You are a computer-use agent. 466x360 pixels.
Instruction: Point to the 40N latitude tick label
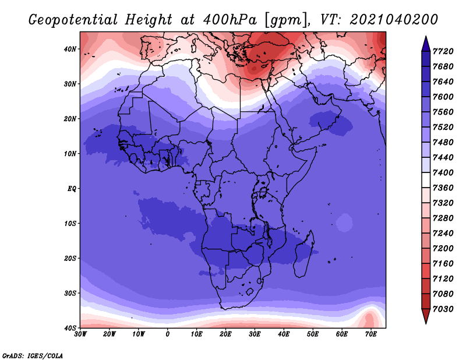tap(70, 49)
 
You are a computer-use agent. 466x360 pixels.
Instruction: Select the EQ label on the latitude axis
tap(71, 189)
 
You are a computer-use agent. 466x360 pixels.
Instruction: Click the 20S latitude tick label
tap(70, 258)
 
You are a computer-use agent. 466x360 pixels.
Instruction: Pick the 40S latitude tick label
tap(70, 328)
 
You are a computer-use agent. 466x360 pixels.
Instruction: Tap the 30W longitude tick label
tap(80, 334)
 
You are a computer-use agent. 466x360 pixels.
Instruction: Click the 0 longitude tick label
tap(168, 334)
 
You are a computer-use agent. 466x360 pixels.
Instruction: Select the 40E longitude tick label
tap(284, 334)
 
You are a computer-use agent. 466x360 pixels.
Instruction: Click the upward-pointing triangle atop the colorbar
tap(425, 44)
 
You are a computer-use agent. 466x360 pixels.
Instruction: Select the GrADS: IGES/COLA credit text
tap(33, 355)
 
